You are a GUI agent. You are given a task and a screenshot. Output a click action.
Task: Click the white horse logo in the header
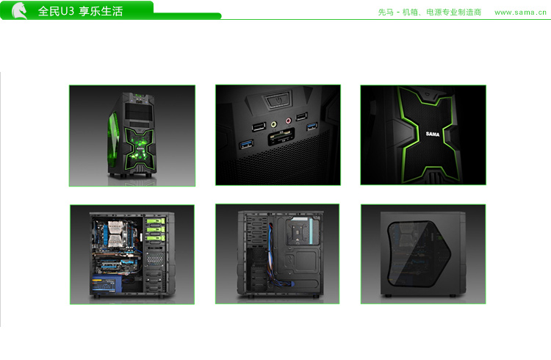point(20,10)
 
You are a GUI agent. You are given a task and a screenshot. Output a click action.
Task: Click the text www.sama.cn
point(520,12)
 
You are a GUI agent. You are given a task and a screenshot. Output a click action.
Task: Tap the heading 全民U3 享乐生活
point(81,11)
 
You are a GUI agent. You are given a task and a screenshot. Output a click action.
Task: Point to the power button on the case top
point(278,100)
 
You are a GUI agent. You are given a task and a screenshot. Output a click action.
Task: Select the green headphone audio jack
point(273,124)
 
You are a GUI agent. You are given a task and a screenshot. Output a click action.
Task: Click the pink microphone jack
point(288,121)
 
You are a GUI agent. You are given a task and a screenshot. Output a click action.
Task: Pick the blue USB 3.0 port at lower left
point(246,143)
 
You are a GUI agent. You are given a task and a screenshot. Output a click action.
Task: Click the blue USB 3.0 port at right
point(311,126)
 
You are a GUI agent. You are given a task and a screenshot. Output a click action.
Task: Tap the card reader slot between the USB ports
point(281,137)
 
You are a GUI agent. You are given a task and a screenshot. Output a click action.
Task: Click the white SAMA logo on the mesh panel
point(433,134)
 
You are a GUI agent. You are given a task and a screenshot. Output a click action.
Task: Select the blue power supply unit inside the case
point(107,285)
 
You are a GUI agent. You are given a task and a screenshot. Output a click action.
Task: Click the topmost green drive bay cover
point(156,221)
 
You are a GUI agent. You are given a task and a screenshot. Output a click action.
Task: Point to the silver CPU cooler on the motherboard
point(115,234)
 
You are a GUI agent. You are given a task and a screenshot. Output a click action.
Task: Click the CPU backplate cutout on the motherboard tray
point(298,233)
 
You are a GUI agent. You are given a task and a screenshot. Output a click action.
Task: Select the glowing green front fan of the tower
point(140,148)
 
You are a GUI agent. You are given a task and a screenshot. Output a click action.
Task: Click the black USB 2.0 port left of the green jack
point(259,126)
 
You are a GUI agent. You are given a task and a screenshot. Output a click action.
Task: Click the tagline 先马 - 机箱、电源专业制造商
point(430,12)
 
